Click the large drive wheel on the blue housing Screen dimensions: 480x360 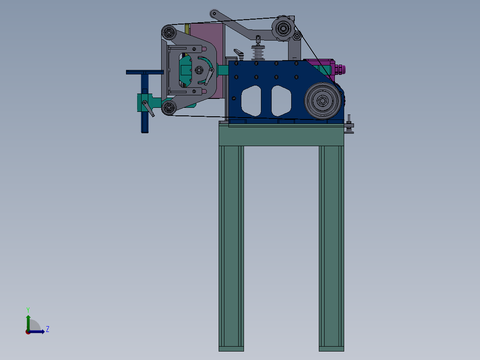tap(322, 101)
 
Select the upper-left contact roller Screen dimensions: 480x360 tap(169, 32)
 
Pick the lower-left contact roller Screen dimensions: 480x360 tap(169, 107)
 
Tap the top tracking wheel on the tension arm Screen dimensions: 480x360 tap(283, 28)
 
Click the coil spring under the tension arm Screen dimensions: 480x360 tap(258, 53)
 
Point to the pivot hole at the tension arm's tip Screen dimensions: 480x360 tap(214, 13)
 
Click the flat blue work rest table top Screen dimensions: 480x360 tap(145, 72)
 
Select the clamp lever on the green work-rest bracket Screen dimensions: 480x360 tap(148, 108)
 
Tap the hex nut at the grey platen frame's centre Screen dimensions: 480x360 tap(199, 70)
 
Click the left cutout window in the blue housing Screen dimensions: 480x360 tap(251, 101)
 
